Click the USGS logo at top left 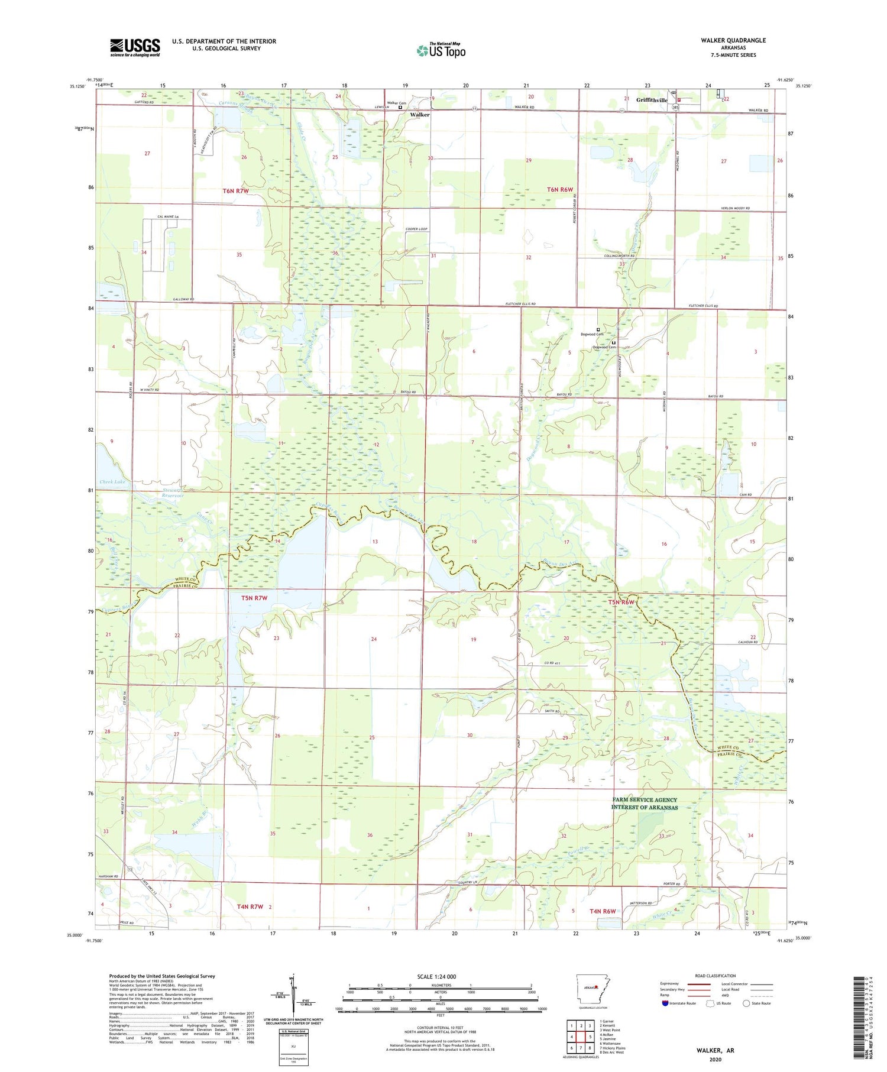click(135, 47)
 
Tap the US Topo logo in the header click(441, 51)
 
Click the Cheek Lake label click(112, 482)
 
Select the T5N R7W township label click(254, 598)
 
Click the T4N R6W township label click(603, 911)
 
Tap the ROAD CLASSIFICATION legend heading click(716, 976)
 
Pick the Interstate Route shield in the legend click(665, 1003)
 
